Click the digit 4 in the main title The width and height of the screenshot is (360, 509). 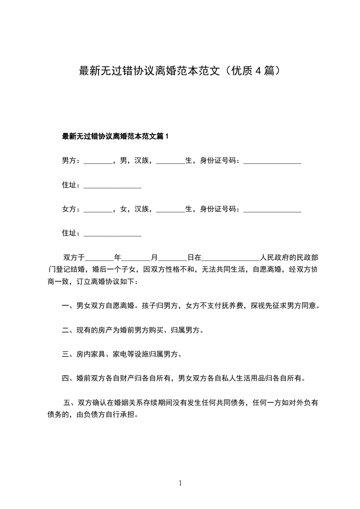pos(257,71)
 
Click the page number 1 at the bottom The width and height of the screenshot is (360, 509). pos(180,483)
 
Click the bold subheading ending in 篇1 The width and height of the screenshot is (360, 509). pos(115,136)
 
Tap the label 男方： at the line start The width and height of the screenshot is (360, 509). pos(71,161)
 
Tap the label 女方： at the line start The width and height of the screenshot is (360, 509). pos(71,209)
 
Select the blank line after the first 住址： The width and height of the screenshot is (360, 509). pos(113,186)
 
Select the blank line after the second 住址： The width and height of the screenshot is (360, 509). pos(113,235)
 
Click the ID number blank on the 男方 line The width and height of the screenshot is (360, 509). pos(272,162)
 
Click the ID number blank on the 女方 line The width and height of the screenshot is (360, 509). pos(272,210)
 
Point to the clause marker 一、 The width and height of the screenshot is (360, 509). pos(69,306)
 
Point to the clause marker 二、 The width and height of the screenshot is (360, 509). pos(69,330)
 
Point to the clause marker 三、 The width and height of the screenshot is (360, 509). pos(69,354)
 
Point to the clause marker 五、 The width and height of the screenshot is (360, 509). pos(70,402)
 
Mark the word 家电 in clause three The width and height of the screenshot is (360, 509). pos(119,354)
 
